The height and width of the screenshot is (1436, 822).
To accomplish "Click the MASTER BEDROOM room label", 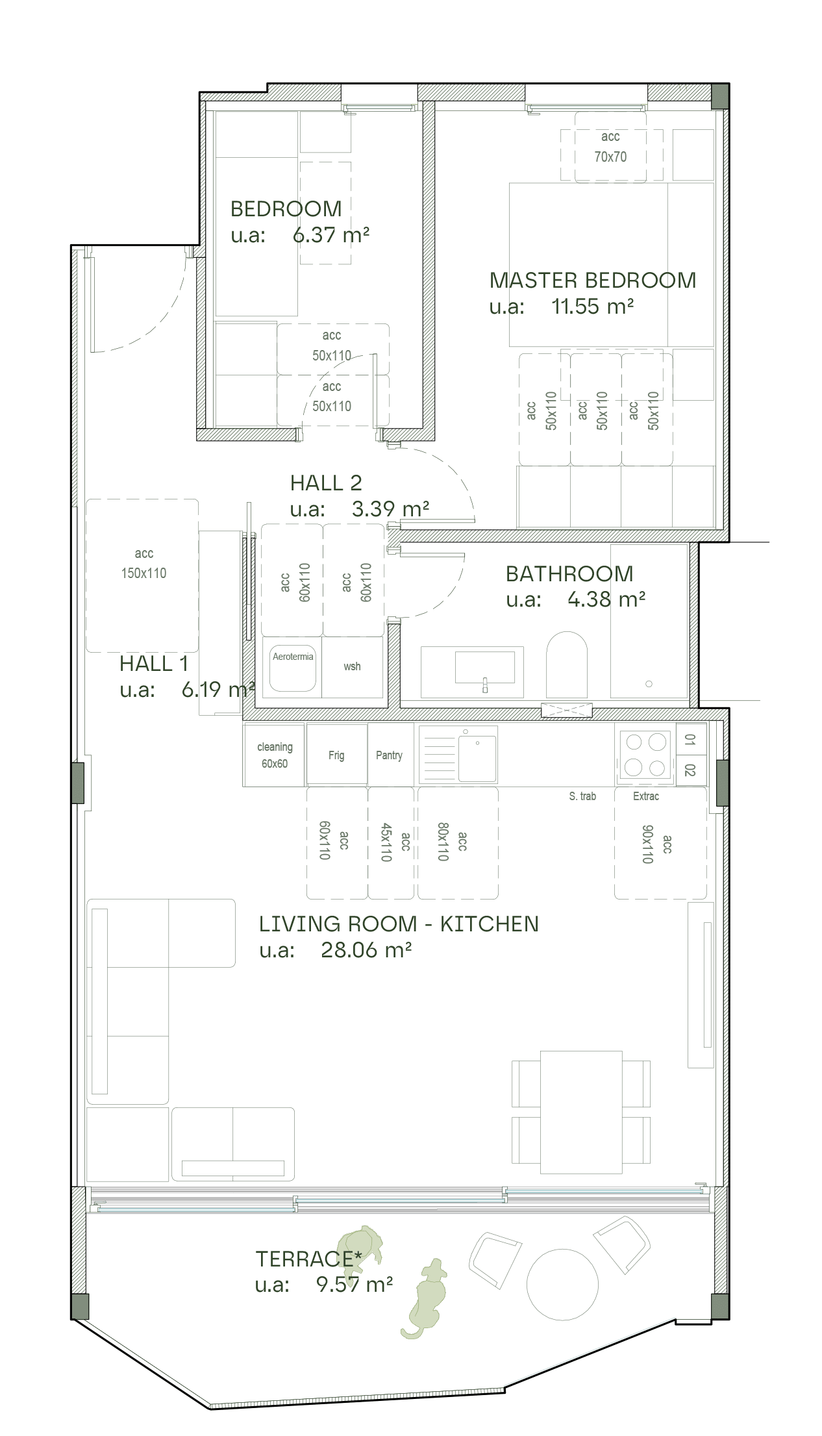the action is (592, 280).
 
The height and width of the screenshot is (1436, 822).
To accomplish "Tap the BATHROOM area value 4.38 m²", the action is (606, 599).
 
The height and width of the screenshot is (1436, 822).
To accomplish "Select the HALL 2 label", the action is (326, 483).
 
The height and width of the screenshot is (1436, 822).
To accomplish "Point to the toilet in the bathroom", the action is (567, 664).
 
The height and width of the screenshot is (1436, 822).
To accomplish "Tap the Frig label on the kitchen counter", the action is (336, 755).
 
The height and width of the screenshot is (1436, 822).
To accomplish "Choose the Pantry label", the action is (389, 755).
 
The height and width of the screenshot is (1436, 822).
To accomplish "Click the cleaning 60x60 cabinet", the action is (274, 755).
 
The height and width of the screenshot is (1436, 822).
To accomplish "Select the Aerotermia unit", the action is (293, 667).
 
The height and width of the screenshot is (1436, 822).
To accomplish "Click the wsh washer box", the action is (353, 667).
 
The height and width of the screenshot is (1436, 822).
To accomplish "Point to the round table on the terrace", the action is (562, 1285).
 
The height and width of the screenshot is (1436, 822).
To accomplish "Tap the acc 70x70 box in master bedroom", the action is (610, 146).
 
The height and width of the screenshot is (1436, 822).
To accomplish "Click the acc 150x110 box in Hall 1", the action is (142, 575).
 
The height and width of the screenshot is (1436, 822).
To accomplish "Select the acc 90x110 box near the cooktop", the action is (660, 843).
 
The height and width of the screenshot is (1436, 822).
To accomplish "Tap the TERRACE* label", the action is (308, 1259).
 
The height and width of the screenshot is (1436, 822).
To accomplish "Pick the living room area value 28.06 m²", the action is (366, 950).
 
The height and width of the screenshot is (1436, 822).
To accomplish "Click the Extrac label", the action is (646, 796).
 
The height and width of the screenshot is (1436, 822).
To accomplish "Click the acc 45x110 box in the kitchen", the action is (391, 843).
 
